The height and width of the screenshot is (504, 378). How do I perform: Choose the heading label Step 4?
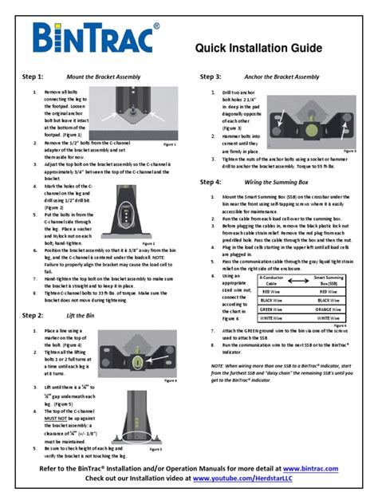tap(211, 182)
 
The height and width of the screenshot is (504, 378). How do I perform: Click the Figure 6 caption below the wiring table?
tap(340, 325)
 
